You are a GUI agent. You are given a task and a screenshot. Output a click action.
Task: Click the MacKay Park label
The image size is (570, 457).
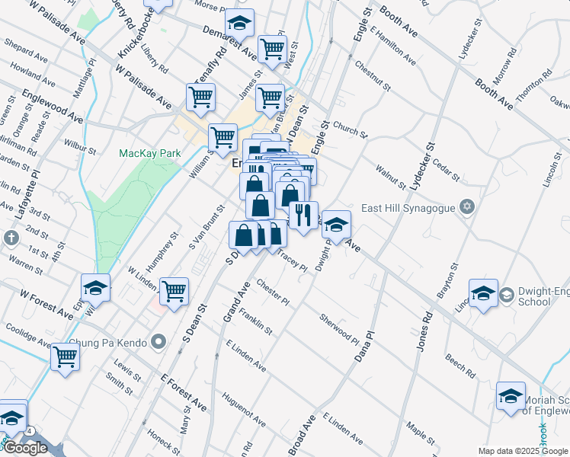150,153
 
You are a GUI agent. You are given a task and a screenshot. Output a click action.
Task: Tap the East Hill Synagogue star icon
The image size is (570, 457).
468,207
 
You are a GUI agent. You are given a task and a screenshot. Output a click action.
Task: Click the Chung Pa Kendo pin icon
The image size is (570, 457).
159,341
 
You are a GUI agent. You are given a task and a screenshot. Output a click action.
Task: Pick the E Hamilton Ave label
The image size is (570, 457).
393,46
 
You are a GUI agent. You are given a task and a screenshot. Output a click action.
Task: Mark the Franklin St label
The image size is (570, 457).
255,321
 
